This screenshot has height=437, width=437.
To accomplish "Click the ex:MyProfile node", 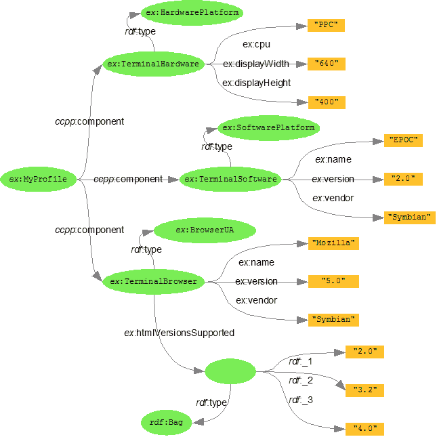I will [38, 180].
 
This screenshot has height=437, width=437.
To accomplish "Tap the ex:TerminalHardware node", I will [154, 64].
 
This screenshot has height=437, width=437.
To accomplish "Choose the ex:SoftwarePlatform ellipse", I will [268, 127].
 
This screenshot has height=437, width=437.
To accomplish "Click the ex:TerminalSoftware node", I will [230, 180].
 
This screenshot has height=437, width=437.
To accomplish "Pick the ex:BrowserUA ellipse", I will [205, 231].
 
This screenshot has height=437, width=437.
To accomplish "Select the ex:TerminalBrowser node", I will [153, 281].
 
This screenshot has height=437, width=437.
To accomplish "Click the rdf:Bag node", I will [166, 423].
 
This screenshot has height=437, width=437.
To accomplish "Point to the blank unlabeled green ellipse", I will [230, 371].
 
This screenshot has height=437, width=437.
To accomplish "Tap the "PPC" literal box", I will [326, 25].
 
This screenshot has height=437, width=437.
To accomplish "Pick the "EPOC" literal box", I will [403, 140].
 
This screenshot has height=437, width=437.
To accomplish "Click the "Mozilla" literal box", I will [333, 243].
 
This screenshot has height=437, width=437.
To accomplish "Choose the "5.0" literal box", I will [333, 281].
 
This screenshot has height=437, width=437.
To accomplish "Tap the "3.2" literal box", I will [365, 390].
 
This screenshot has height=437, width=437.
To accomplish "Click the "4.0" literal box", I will [365, 429].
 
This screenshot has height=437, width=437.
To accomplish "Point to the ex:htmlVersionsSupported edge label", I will [179, 333].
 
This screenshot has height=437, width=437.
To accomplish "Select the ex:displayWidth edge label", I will [256, 64].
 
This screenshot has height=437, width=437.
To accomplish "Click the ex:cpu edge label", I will [256, 45].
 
